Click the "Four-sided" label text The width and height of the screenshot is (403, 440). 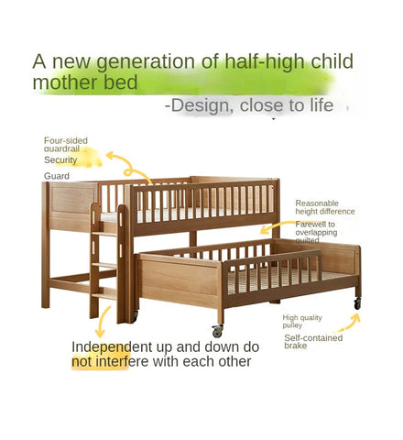pyautogui.click(x=66, y=140)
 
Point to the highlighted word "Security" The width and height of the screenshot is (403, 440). pyautogui.click(x=61, y=159)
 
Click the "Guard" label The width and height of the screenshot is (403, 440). pyautogui.click(x=57, y=176)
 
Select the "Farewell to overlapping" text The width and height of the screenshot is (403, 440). pyautogui.click(x=316, y=228)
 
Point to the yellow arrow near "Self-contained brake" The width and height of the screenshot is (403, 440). pyautogui.click(x=349, y=324)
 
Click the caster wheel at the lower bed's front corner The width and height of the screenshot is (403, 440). pyautogui.click(x=217, y=331)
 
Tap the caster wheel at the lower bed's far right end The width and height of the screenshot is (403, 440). pyautogui.click(x=356, y=302)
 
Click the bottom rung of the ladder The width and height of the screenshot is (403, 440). pyautogui.click(x=105, y=292)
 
